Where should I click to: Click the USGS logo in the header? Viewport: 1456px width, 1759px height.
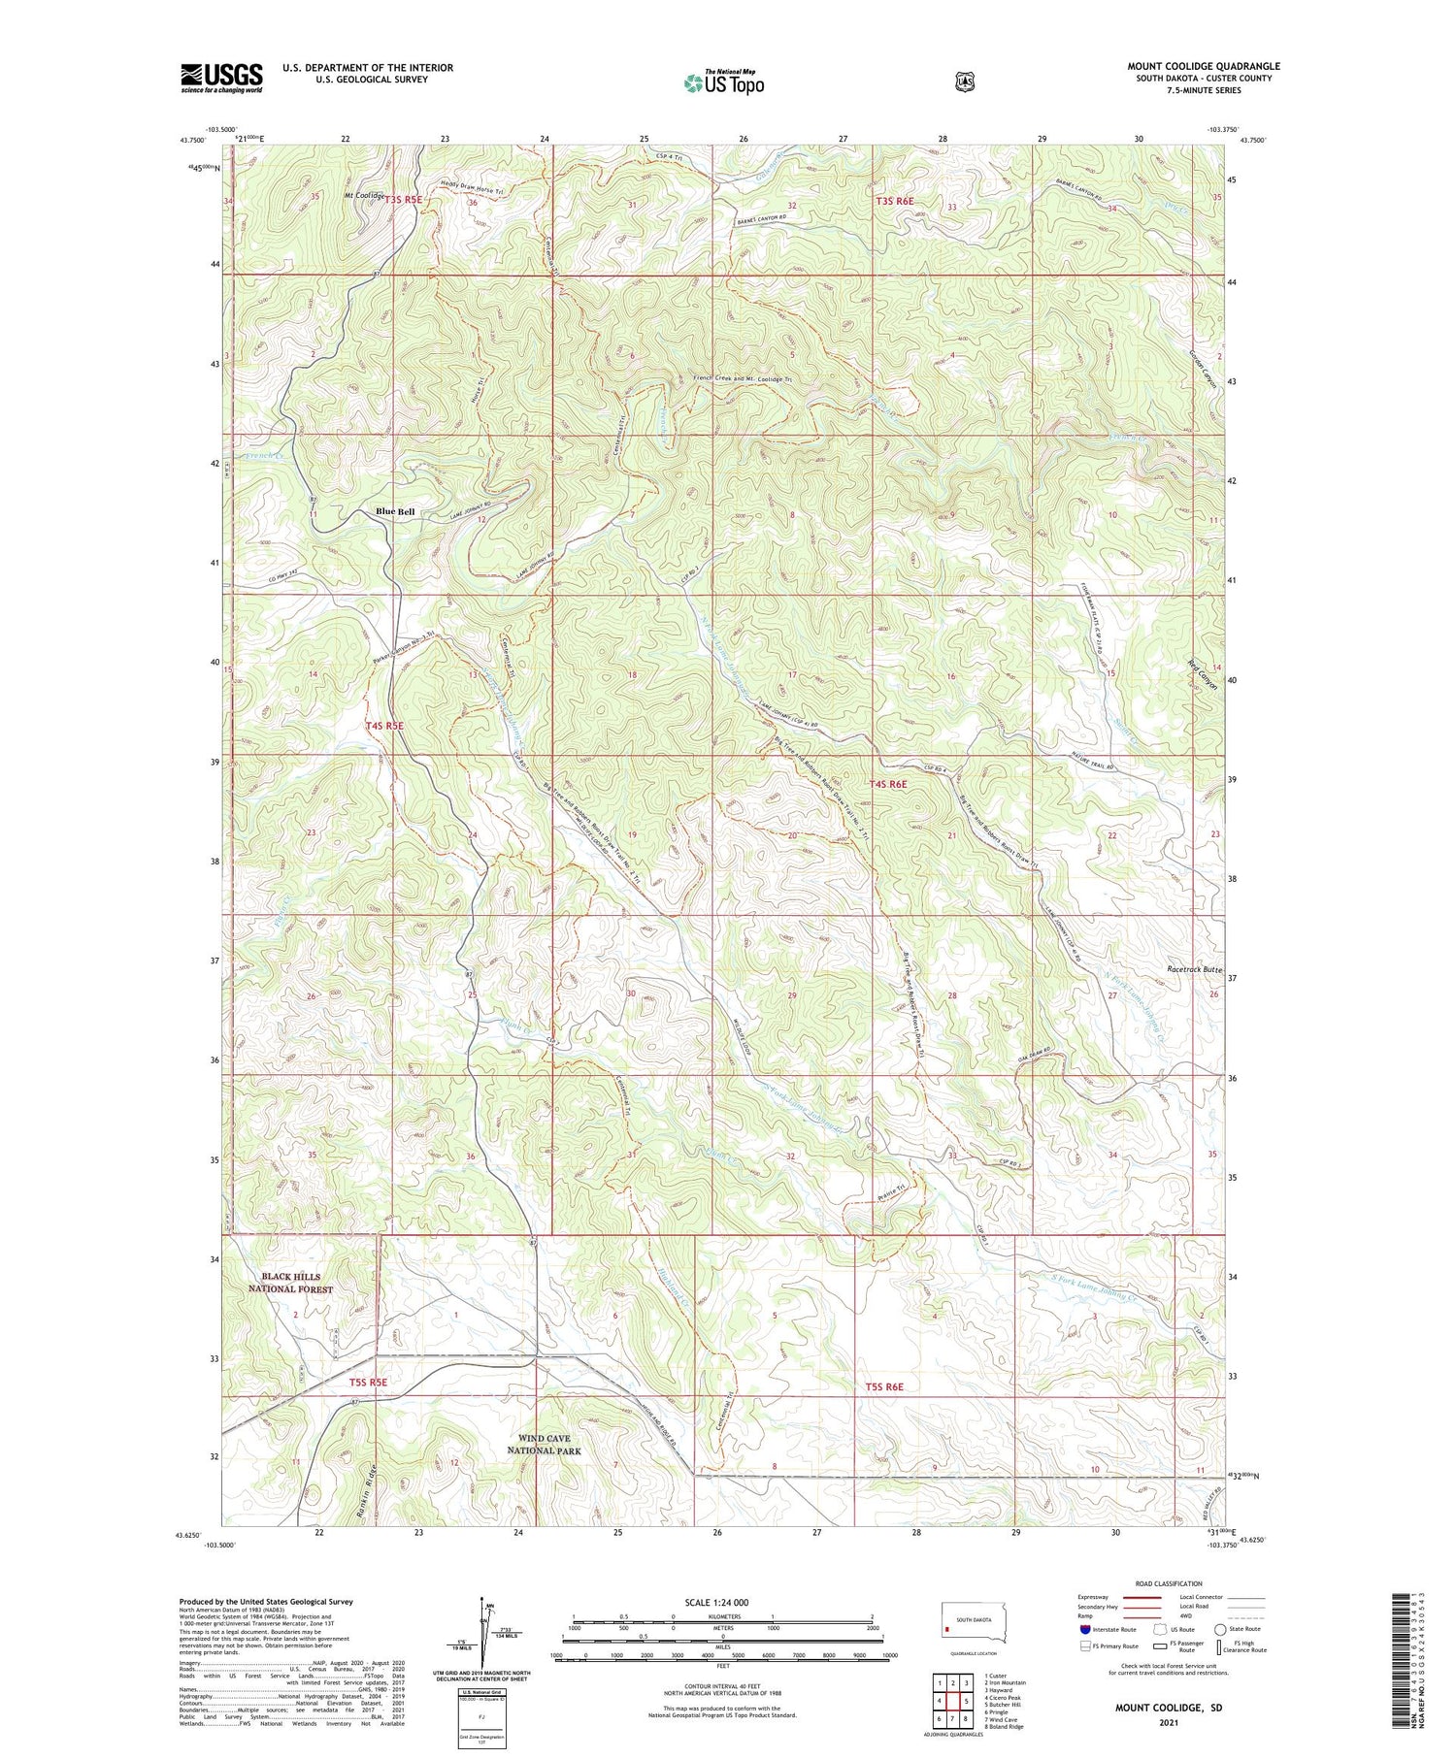pos(221,78)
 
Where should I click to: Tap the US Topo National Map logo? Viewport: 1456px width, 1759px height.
pos(723,82)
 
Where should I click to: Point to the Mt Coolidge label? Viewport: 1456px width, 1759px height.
pos(364,195)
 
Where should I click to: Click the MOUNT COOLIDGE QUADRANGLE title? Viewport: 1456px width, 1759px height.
pos(1203,66)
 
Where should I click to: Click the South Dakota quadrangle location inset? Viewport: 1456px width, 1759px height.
pos(974,1623)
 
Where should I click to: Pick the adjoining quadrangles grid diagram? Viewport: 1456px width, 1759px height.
pos(952,1694)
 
